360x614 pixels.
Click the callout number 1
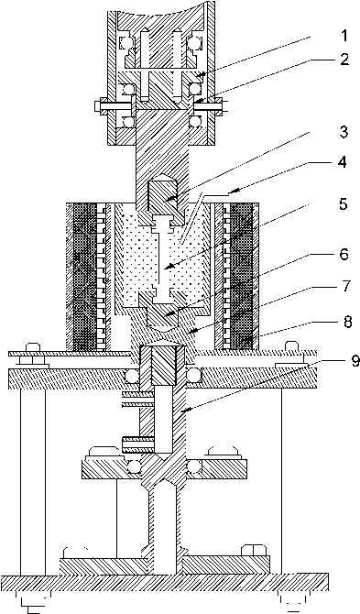(x=344, y=36)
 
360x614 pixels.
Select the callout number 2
(x=344, y=60)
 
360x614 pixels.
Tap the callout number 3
(x=344, y=132)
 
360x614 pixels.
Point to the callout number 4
(x=343, y=162)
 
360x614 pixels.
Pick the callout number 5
(x=344, y=203)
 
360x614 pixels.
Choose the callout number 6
(x=344, y=255)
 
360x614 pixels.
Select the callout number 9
(x=355, y=361)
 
